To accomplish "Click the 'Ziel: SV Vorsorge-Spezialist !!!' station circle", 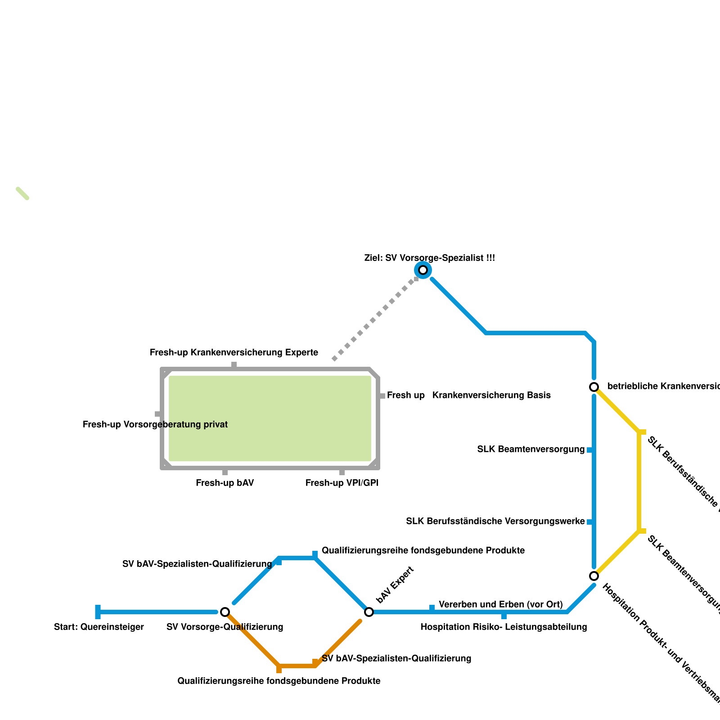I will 423,270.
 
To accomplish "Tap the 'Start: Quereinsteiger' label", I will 99,627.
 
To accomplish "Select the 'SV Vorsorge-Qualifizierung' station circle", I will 225,612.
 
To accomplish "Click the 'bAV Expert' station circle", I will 369,612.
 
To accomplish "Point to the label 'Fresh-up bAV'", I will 225,483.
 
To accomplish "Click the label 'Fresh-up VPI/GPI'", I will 342,483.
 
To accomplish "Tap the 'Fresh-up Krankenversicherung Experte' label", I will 234,352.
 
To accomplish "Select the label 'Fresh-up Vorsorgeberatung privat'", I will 155,424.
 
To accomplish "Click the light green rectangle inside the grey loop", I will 270,418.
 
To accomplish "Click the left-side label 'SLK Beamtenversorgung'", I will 531,449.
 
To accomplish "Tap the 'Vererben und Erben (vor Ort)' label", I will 500,604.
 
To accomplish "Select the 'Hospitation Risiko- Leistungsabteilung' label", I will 504,627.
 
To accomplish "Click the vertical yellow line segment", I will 639,481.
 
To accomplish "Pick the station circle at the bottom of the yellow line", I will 594,576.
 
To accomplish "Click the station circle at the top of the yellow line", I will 594,387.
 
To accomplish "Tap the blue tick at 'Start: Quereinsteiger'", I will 98,612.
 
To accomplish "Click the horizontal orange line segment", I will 297,666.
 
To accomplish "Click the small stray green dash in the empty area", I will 22,193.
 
